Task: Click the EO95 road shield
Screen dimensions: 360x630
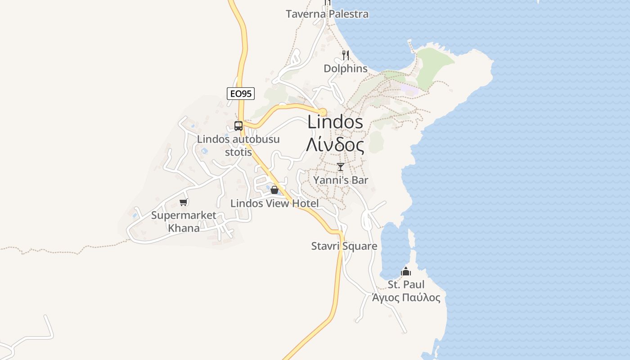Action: [241, 94]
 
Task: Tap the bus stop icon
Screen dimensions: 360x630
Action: [238, 126]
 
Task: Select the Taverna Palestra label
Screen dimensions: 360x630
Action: [327, 14]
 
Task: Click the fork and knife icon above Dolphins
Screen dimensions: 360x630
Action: [346, 55]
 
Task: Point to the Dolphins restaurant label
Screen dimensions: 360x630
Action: [346, 69]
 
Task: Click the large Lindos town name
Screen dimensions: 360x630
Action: [335, 122]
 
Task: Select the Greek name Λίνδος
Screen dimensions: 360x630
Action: [335, 145]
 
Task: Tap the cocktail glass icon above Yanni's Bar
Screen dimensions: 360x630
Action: [341, 167]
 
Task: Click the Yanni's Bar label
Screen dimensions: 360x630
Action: [341, 180]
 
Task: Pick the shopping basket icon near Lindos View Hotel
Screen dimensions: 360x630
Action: [274, 190]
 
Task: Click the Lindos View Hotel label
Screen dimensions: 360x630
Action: [274, 203]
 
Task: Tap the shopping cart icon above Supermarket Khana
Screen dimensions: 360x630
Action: [183, 202]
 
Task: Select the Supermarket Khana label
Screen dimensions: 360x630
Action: [184, 221]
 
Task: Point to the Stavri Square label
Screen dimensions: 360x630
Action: [344, 246]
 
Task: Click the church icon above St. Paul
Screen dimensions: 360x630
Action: [406, 271]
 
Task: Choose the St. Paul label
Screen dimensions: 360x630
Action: [406, 284]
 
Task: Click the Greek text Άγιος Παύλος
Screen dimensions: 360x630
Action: [406, 297]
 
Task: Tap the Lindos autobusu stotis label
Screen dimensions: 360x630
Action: [238, 145]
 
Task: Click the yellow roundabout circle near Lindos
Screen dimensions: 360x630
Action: [323, 112]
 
